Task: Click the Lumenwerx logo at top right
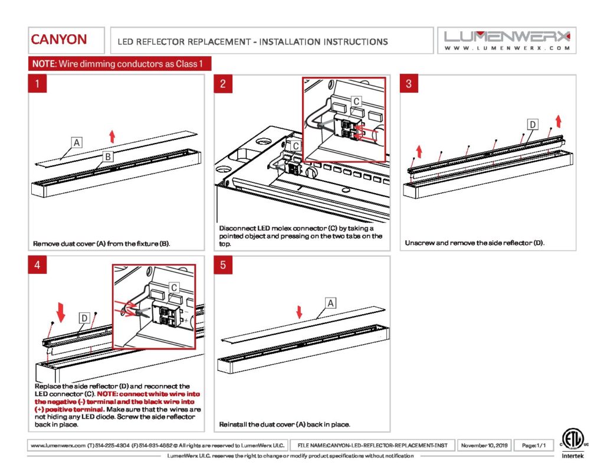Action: tap(507, 40)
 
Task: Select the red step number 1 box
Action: tap(38, 84)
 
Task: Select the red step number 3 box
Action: tap(409, 84)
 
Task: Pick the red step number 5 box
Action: tap(223, 265)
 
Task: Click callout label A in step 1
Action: tap(77, 142)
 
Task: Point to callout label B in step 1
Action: tap(108, 156)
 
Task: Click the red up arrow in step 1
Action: tap(112, 136)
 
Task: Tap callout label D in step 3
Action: tap(533, 125)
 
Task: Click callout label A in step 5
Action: tap(331, 303)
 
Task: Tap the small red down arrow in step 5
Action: tap(299, 312)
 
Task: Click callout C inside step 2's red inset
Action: tap(356, 102)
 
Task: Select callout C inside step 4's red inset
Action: tap(174, 288)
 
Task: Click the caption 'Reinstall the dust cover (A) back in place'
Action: tap(285, 424)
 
